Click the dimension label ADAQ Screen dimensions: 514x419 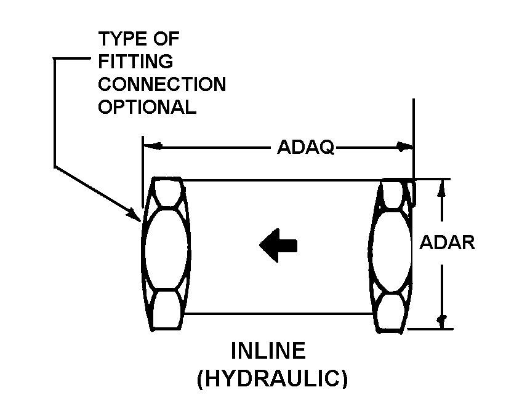pyautogui.click(x=305, y=147)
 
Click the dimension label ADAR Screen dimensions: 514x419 pyautogui.click(x=447, y=243)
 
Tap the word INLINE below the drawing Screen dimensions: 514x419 pyautogui.click(x=268, y=351)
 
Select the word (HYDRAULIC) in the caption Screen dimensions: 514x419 pyautogui.click(x=273, y=379)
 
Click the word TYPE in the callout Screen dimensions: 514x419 pyautogui.click(x=119, y=39)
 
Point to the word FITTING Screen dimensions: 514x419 pyautogui.click(x=135, y=62)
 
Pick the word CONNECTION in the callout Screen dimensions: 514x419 pyautogui.click(x=162, y=84)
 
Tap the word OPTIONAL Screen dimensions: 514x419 pyautogui.click(x=147, y=107)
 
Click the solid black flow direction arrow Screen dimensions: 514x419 pyautogui.click(x=278, y=245)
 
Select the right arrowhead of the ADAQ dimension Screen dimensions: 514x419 pyautogui.click(x=404, y=147)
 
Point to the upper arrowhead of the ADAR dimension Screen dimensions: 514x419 pyautogui.click(x=442, y=188)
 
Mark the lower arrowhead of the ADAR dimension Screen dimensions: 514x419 pyautogui.click(x=442, y=321)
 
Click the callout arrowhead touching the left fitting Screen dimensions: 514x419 pyautogui.click(x=134, y=215)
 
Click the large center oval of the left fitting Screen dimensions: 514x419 pyautogui.click(x=166, y=249)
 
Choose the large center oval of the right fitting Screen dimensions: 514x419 pyautogui.click(x=390, y=251)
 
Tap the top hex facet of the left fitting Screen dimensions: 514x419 pyautogui.click(x=167, y=193)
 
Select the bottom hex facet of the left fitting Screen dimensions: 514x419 pyautogui.click(x=166, y=309)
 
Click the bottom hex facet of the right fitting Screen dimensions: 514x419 pyautogui.click(x=390, y=313)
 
